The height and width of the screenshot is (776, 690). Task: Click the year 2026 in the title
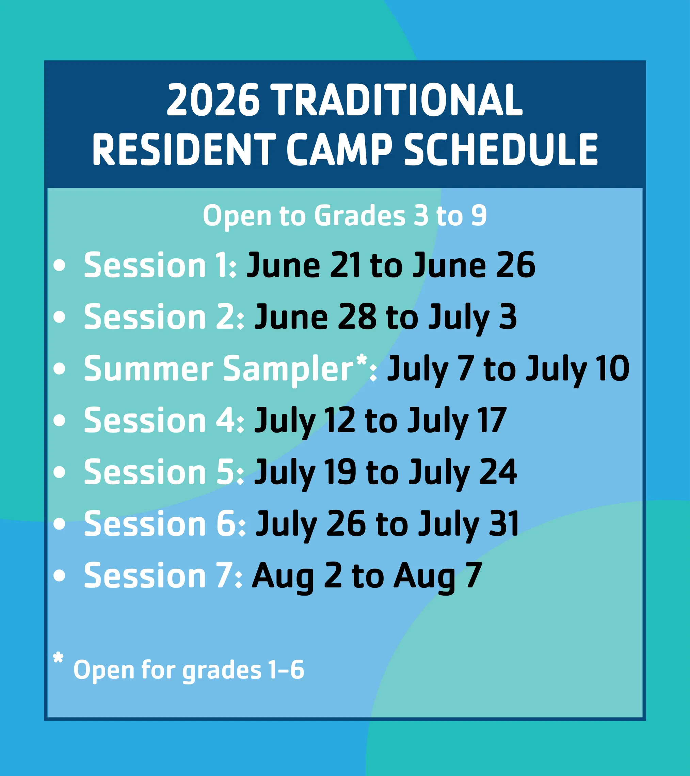[x=213, y=100]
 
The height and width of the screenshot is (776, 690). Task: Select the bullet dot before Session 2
[x=59, y=317]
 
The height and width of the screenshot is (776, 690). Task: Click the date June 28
[x=315, y=317]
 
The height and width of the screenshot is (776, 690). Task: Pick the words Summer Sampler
[x=218, y=369]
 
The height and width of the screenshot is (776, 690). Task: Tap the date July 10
[x=577, y=369]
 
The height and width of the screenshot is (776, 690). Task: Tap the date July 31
[x=469, y=524]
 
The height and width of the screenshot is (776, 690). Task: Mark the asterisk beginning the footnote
[x=58, y=658]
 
